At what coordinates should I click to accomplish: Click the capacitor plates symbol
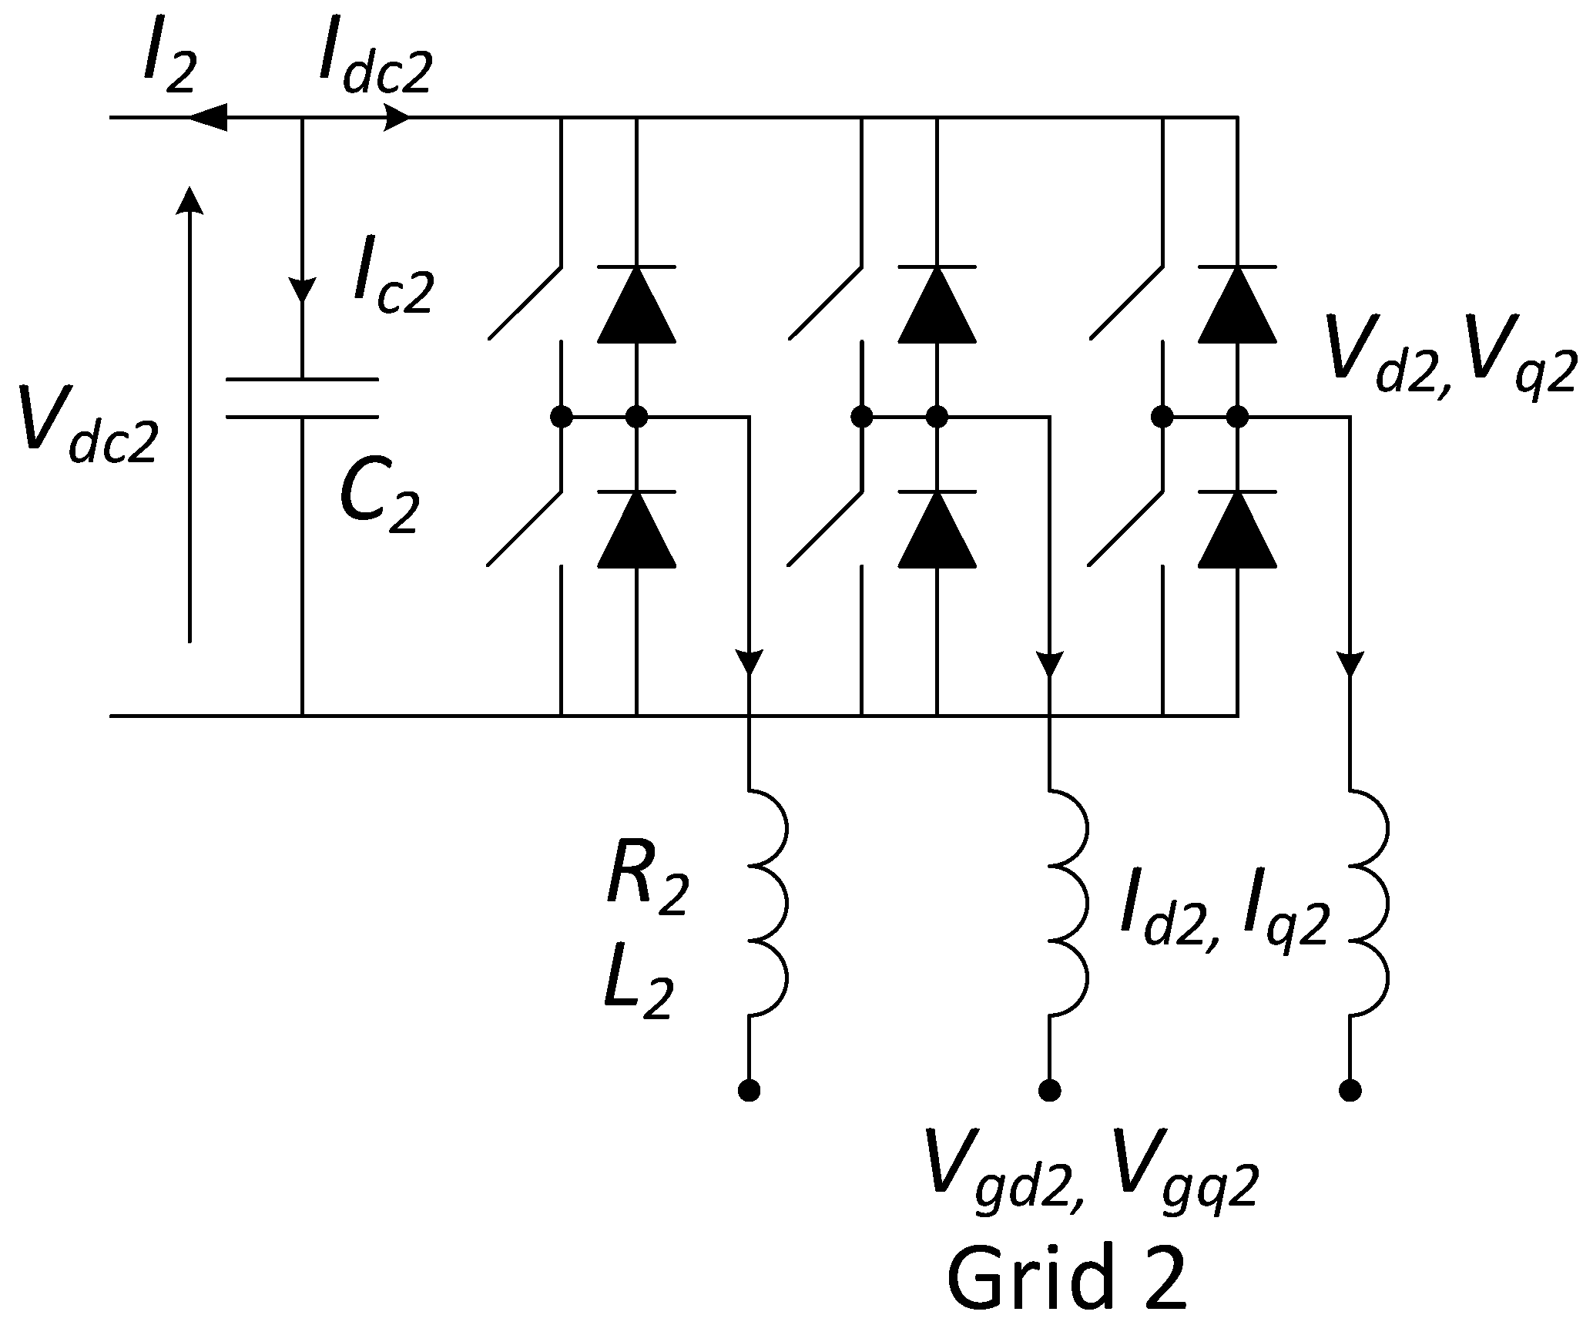302,398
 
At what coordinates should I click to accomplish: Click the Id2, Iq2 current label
1225,917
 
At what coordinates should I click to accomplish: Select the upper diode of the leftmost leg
636,304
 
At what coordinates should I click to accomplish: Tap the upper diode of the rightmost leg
1237,304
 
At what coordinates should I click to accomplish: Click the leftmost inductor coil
766,903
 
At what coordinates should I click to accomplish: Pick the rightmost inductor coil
1367,903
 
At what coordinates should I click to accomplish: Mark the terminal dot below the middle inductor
1049,1090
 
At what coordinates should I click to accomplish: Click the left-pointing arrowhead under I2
208,117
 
